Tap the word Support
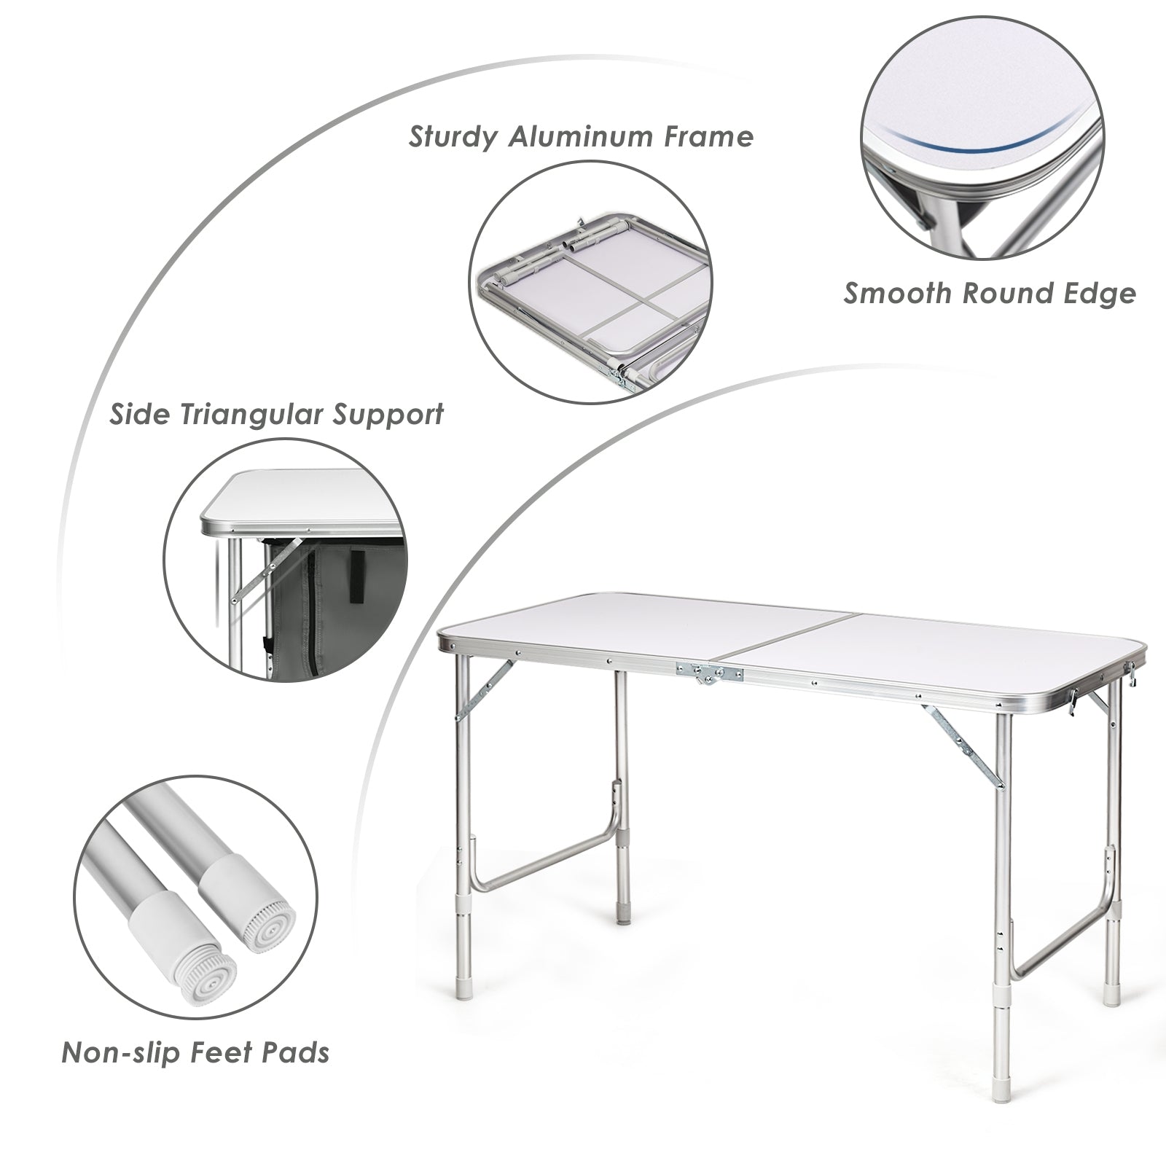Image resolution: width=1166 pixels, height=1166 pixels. (388, 415)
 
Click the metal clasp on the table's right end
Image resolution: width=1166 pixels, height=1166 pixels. (1071, 702)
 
